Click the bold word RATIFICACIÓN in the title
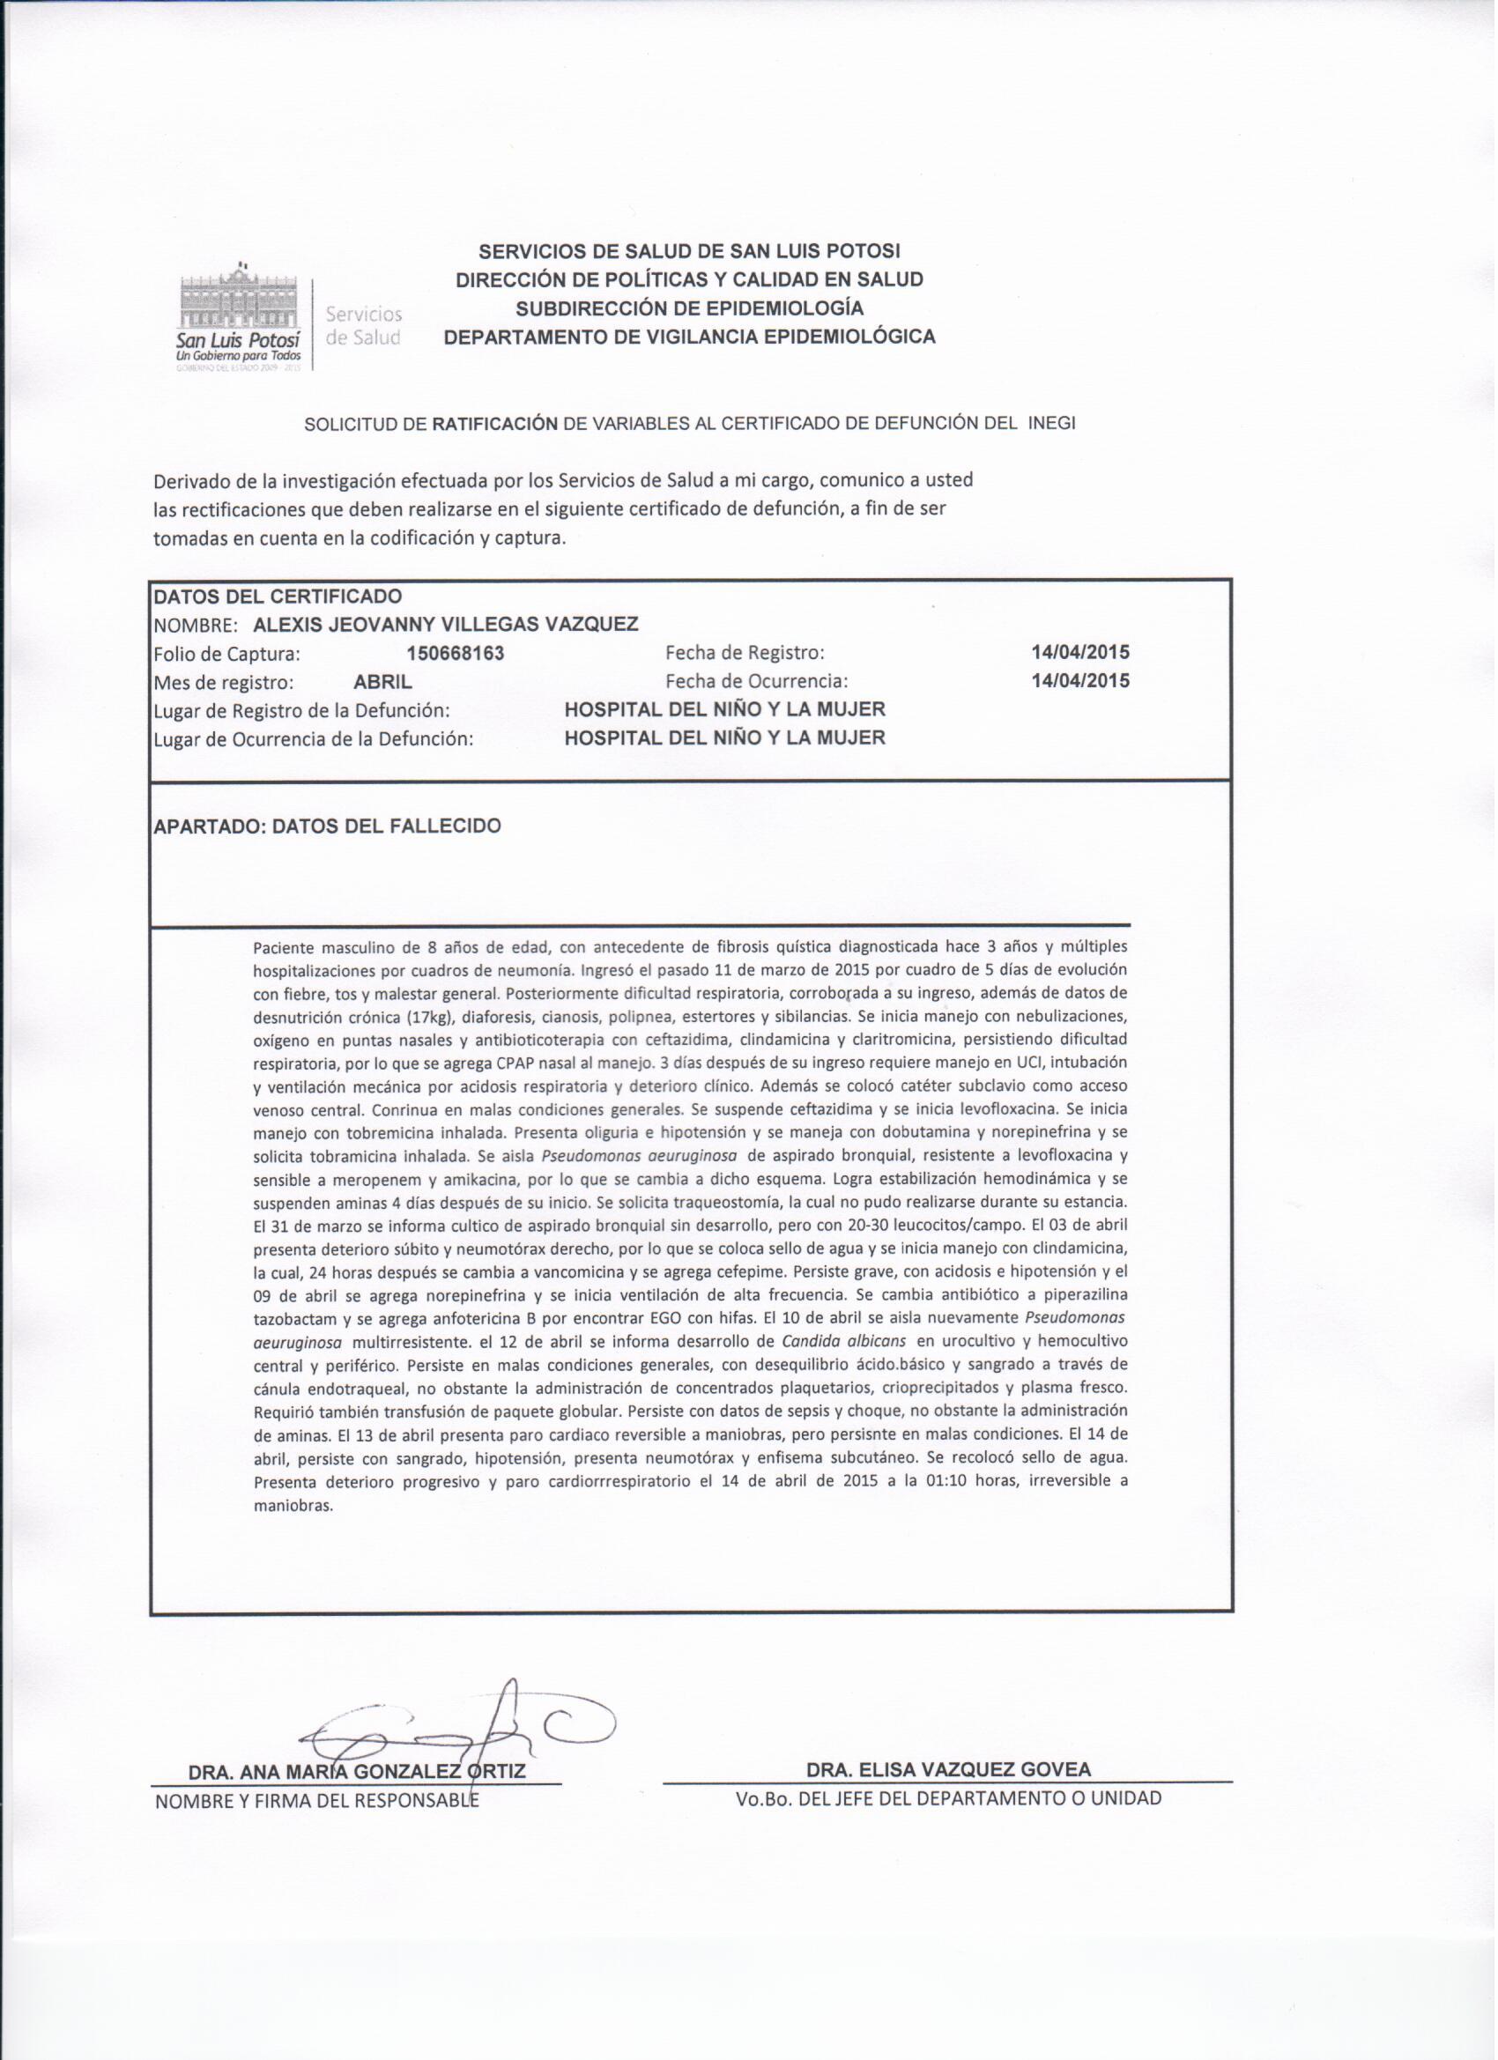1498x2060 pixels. (494, 423)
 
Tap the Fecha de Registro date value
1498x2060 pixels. (1080, 652)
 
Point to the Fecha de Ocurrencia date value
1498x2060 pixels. (1080, 681)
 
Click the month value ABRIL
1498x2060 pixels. (382, 682)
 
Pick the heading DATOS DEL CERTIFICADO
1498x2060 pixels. (277, 597)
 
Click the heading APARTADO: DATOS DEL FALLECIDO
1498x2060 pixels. (327, 826)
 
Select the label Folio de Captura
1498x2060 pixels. (226, 654)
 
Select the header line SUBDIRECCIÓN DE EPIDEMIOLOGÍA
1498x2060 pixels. (688, 308)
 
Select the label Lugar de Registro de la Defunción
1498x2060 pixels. (301, 710)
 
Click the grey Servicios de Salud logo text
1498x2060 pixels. (363, 326)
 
